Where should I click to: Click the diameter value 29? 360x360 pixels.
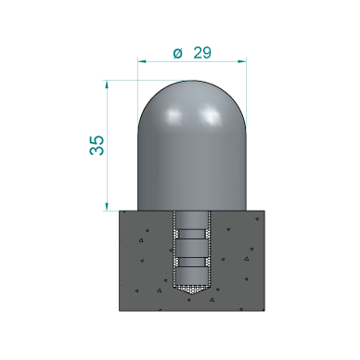[x=202, y=53]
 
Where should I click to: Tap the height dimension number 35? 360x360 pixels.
[x=96, y=145]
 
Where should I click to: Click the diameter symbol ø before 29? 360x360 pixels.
[x=177, y=53]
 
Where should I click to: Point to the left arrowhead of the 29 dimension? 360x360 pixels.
[x=142, y=62]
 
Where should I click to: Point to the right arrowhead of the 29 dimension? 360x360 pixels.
[x=242, y=62]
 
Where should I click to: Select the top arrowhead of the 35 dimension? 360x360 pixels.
[x=108, y=84]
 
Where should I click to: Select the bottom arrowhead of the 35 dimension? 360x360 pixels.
[x=108, y=206]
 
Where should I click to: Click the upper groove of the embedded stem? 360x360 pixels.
[x=192, y=235]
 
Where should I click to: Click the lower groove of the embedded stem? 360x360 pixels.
[x=192, y=263]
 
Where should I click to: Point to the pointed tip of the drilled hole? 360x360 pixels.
[x=192, y=291]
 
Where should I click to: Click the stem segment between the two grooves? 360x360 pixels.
[x=192, y=249]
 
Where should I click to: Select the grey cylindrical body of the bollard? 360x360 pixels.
[x=192, y=167]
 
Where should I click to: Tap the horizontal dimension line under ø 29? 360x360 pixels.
[x=192, y=62]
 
